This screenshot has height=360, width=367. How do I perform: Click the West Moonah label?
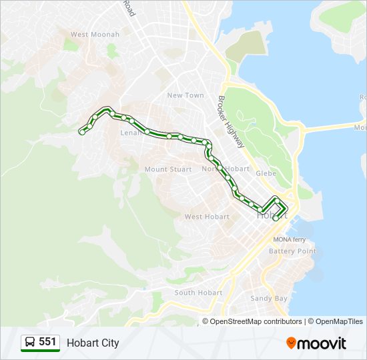pos(95,34)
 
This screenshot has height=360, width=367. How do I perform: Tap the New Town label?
pos(186,95)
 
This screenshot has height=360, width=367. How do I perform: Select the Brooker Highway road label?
pos(231,122)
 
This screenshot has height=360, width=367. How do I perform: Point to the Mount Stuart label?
pos(168,169)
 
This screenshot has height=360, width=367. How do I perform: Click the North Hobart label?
pos(226,169)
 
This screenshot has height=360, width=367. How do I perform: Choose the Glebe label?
pos(266,173)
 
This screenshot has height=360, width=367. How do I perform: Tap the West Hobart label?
pos(207,217)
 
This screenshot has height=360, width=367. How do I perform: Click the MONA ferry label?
pos(290,239)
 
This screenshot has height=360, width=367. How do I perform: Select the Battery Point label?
pos(292,251)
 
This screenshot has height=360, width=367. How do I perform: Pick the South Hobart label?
pos(198,293)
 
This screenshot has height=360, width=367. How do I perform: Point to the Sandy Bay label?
pos(269,299)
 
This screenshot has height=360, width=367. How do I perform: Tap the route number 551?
pos(47,342)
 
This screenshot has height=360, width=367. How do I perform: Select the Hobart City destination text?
pos(93,343)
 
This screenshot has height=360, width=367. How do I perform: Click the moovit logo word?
pos(322,343)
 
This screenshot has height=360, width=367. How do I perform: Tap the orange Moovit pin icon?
pos(292,343)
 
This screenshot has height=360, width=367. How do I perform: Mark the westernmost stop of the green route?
pos(82,131)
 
